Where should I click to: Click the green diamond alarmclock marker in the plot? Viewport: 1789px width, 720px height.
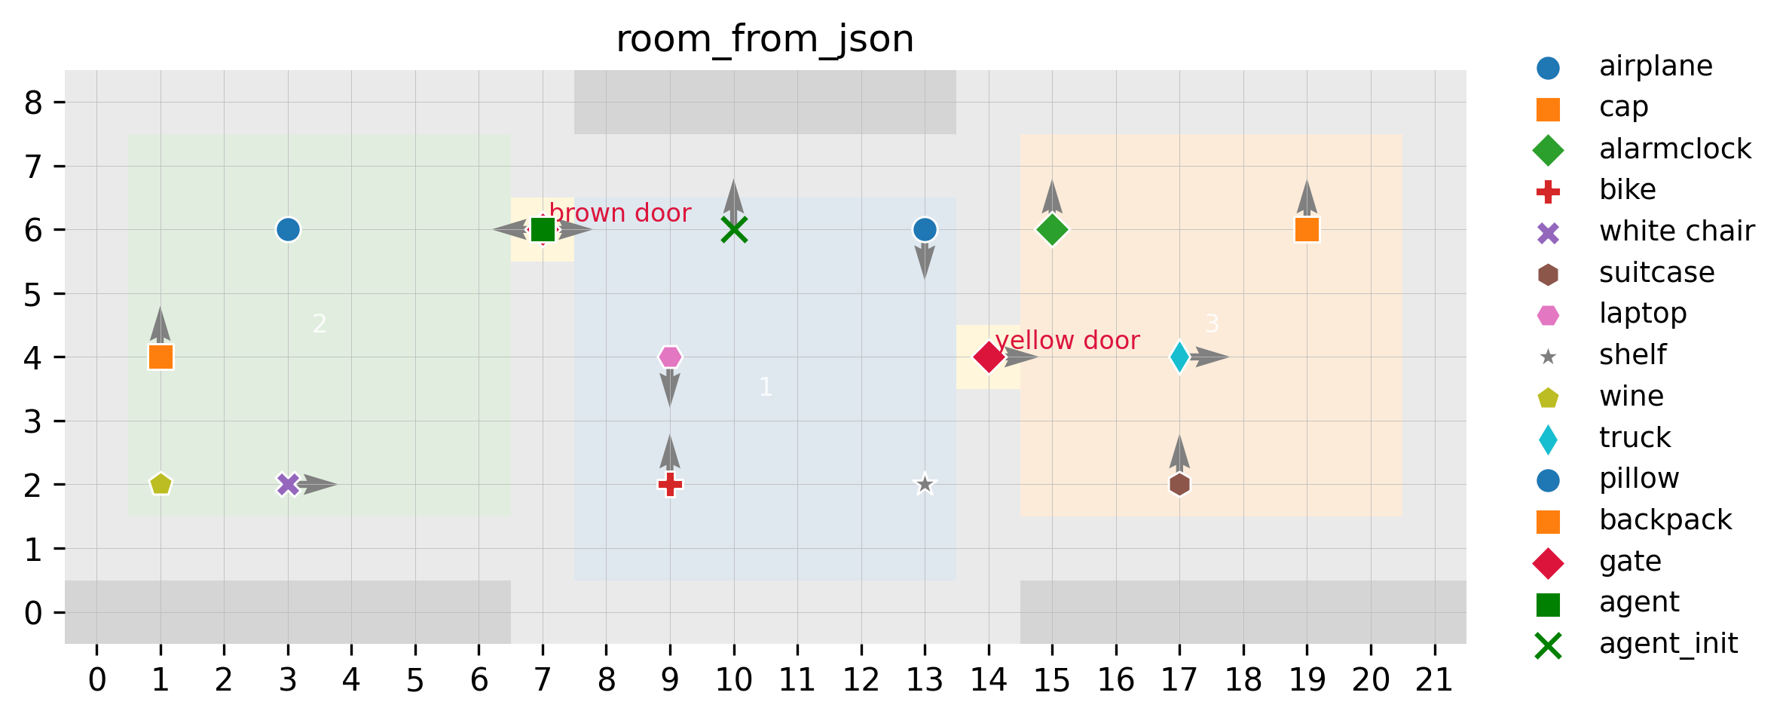point(1052,229)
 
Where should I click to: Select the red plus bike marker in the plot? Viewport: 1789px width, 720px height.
point(670,484)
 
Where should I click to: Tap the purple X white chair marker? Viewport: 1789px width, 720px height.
point(288,484)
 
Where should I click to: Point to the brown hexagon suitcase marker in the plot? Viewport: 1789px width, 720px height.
point(1179,484)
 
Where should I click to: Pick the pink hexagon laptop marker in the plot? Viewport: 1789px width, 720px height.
point(670,357)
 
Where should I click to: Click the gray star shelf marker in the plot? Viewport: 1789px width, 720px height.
point(925,484)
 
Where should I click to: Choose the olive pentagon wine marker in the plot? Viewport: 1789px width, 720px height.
point(161,484)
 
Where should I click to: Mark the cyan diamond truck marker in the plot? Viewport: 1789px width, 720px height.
point(1179,357)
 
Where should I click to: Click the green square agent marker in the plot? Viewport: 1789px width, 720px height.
point(543,229)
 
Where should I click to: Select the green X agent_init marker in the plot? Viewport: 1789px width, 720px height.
point(734,229)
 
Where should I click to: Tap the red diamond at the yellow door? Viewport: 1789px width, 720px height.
point(988,357)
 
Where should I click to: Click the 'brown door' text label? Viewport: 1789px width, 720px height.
point(620,213)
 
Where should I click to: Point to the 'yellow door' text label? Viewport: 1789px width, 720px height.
point(1067,341)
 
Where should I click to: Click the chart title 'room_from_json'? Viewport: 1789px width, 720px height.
point(765,39)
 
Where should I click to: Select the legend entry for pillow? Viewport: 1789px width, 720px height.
point(1639,479)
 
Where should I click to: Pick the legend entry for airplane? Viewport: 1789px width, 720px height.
point(1656,66)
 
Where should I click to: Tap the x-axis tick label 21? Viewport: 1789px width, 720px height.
point(1434,681)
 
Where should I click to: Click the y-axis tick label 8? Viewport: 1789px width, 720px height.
point(33,103)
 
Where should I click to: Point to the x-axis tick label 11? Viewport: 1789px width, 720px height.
point(797,681)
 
